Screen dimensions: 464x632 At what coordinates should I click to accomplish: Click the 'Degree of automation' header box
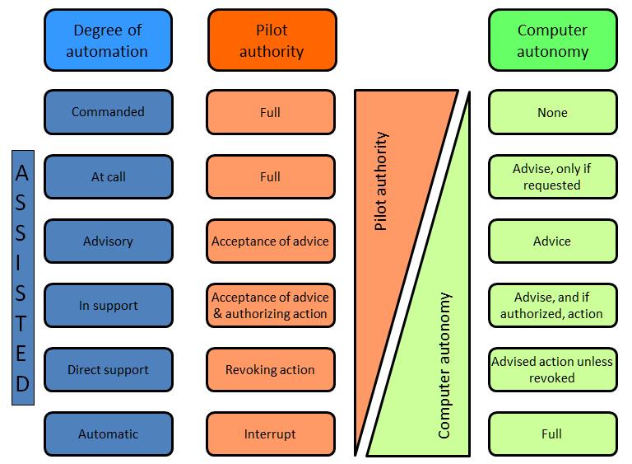108,40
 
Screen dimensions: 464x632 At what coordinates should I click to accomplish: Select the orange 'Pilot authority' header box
272,40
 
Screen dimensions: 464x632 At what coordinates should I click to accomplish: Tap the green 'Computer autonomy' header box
552,40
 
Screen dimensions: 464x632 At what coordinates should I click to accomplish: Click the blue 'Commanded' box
108,112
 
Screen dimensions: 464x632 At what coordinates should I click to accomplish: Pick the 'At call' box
108,176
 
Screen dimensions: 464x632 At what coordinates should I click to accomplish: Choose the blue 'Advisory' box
108,241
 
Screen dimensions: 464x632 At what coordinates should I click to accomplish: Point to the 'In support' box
108,306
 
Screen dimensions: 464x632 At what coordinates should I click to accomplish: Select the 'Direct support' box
108,370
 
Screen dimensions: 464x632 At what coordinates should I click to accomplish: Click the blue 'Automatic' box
108,434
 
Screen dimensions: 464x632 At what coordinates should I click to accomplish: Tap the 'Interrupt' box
271,434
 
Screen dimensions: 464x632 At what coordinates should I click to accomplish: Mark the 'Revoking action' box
271,370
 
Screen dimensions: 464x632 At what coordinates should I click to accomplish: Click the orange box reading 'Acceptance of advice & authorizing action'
271,306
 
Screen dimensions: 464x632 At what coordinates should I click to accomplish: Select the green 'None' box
552,112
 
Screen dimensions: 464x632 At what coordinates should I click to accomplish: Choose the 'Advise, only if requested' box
552,176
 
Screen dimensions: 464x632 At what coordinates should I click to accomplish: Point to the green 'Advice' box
552,241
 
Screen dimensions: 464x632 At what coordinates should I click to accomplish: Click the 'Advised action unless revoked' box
552,370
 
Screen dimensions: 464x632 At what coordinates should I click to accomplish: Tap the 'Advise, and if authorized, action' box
552,306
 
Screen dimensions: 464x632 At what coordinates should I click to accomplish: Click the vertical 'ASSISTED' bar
22,278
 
